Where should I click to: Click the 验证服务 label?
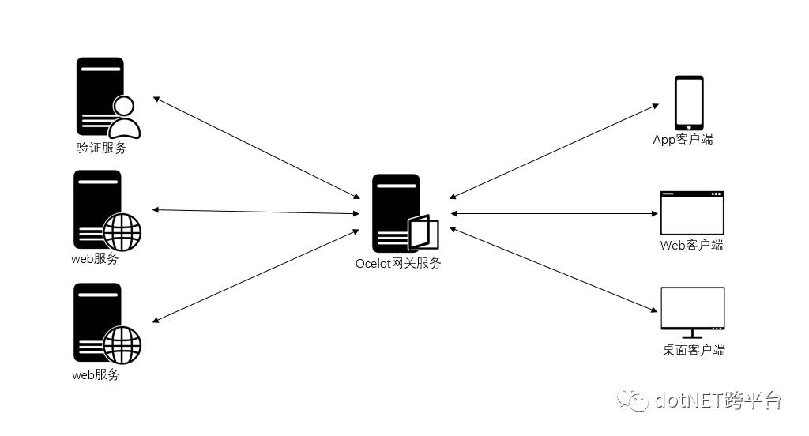click(101, 148)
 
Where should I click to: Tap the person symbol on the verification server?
click(124, 117)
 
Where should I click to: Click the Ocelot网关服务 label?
click(398, 263)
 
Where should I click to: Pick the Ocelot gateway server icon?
click(394, 212)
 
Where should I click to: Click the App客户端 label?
click(683, 140)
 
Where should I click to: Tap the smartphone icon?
click(688, 103)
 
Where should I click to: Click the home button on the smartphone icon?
click(688, 126)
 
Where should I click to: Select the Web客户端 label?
click(691, 245)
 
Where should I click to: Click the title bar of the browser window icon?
click(692, 194)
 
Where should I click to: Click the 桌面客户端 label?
click(694, 350)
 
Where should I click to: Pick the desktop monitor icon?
click(692, 310)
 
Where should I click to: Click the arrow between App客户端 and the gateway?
click(553, 150)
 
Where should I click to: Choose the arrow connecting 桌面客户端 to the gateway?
click(554, 269)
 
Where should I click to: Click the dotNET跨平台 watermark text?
click(718, 400)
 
